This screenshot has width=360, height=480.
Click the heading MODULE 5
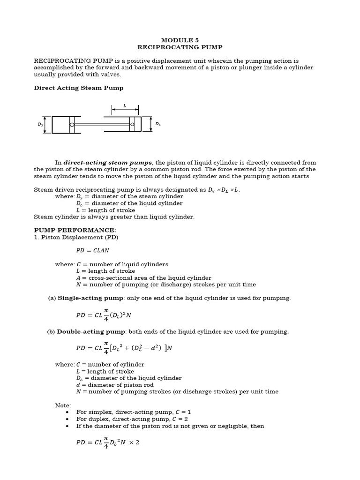point(180,40)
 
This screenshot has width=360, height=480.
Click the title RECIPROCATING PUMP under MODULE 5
point(180,47)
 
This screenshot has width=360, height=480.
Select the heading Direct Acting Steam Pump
point(79,88)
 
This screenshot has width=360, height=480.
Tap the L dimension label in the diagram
point(125,106)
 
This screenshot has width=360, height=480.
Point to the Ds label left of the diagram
point(40,125)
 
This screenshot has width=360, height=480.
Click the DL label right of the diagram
point(158,124)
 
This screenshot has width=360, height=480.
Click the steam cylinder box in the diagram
point(61,125)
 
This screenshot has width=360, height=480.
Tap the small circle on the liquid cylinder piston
point(132,124)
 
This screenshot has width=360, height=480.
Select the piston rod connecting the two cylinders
point(101,124)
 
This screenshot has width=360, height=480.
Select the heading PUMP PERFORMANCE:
point(75,230)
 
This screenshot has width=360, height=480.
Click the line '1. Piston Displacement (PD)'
point(76,237)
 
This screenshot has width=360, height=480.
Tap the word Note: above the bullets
point(63,405)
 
